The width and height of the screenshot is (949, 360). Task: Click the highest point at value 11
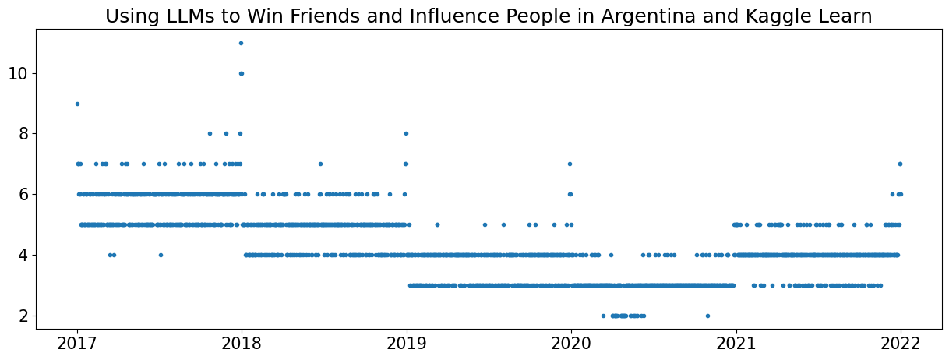click(x=241, y=43)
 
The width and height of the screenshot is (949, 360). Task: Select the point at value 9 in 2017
click(x=77, y=104)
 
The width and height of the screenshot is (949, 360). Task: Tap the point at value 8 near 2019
click(x=406, y=133)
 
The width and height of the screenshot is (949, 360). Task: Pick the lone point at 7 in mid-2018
click(x=320, y=164)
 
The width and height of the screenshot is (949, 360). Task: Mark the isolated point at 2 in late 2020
click(x=707, y=316)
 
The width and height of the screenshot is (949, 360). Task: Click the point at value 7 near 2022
click(x=900, y=164)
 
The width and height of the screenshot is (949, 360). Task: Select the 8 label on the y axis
click(x=23, y=134)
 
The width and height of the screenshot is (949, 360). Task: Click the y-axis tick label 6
click(x=23, y=194)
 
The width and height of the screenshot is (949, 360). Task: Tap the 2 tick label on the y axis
click(x=23, y=316)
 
